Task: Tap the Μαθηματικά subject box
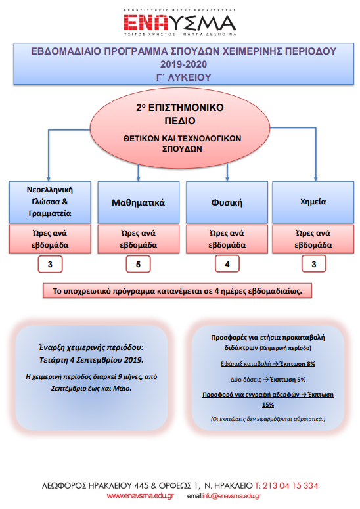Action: pyautogui.click(x=138, y=203)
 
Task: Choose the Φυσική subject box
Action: pyautogui.click(x=226, y=203)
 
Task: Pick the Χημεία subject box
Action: pyautogui.click(x=314, y=203)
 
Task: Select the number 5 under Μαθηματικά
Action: pyautogui.click(x=138, y=264)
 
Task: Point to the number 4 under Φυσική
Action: pyautogui.click(x=227, y=264)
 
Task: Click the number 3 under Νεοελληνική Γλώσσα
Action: pyautogui.click(x=50, y=264)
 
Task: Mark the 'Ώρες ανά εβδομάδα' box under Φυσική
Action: pyautogui.click(x=227, y=238)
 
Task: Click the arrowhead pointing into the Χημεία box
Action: pyautogui.click(x=316, y=178)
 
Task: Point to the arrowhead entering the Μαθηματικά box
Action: pyautogui.click(x=138, y=178)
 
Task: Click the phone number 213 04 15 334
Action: pyautogui.click(x=288, y=485)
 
